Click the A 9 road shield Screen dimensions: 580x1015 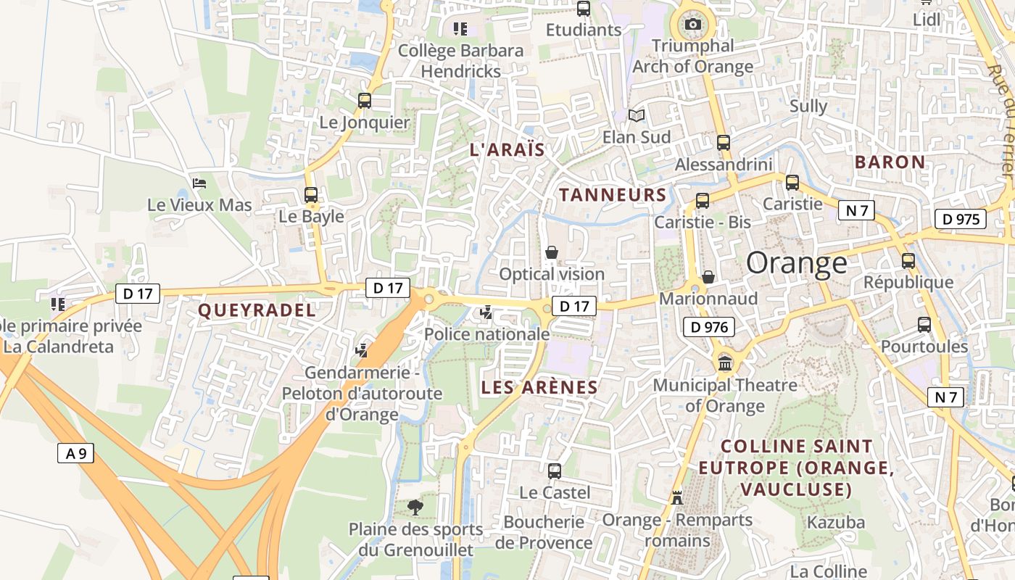[75, 454]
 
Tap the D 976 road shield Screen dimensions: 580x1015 [709, 327]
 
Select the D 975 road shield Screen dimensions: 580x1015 [961, 219]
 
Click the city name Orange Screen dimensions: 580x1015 [796, 262]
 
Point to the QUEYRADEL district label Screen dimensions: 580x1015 [257, 310]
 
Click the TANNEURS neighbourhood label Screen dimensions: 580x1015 [613, 194]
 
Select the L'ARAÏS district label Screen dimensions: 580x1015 [507, 150]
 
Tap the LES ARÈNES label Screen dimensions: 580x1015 [539, 387]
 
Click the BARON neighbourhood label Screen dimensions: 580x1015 [890, 162]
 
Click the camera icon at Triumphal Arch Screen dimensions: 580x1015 [692, 25]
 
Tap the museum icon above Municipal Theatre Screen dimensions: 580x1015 [725, 363]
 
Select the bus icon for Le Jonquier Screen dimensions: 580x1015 [365, 101]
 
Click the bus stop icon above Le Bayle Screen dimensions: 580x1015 [311, 194]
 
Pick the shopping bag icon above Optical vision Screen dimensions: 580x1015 [552, 252]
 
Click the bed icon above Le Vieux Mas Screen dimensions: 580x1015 [200, 183]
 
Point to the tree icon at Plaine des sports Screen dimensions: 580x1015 [415, 507]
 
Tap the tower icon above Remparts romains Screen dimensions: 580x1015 [677, 498]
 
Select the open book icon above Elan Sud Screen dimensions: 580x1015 [637, 115]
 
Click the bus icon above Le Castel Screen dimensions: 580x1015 [555, 471]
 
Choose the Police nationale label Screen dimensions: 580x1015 [486, 334]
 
